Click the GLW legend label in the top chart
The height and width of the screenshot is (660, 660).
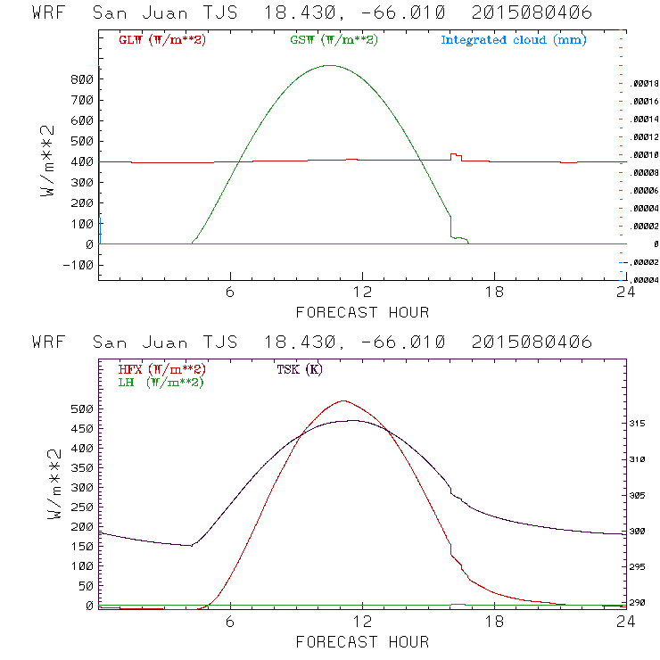159,40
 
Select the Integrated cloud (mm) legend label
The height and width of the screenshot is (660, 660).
513,40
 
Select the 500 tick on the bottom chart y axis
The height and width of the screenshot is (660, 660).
82,408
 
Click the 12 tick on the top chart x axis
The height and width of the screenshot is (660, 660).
362,293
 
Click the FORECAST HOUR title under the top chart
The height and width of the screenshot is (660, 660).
362,312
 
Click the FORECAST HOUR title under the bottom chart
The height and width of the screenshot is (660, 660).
362,641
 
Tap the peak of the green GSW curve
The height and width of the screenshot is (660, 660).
330,65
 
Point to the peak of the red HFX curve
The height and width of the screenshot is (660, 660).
343,401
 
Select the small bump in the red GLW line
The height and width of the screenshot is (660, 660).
455,155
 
